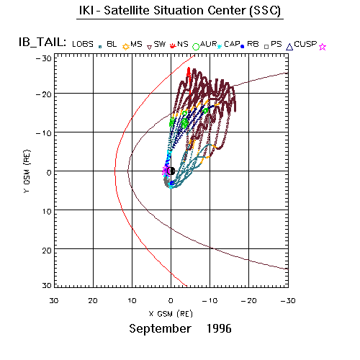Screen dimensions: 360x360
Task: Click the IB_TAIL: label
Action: point(42,42)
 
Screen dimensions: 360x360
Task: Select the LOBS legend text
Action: point(83,44)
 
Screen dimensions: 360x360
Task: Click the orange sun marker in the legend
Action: point(125,47)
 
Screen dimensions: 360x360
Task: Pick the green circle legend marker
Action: point(196,47)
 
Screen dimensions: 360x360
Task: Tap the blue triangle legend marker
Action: point(289,47)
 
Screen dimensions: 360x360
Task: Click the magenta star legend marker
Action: point(323,47)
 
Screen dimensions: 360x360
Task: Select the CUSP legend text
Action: point(305,44)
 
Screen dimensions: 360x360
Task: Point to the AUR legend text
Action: point(208,44)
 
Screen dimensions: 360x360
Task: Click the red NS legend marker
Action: point(173,45)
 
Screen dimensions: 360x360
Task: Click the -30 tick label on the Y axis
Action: point(44,58)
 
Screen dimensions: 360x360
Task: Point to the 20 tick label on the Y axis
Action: point(47,251)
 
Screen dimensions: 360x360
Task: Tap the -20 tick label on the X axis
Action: point(248,301)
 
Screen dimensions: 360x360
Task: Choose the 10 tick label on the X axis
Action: point(132,301)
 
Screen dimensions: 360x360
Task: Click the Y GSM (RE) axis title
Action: point(27,171)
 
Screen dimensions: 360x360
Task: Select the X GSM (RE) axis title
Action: point(171,314)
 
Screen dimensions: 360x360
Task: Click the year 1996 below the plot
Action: point(219,328)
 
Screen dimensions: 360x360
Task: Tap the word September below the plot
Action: point(160,329)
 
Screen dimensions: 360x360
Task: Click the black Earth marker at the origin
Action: point(172,171)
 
